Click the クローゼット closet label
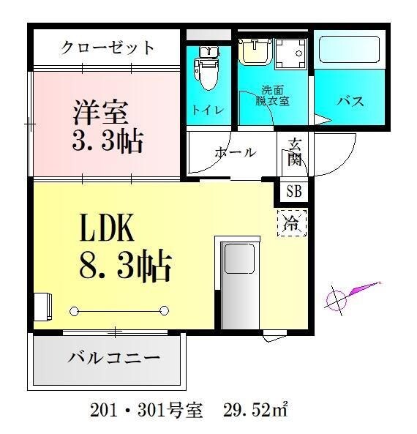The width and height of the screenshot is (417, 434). click(108, 48)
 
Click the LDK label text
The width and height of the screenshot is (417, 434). click(107, 228)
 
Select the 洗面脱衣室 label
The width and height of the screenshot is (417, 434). click(275, 96)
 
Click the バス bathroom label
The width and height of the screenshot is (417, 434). click(350, 101)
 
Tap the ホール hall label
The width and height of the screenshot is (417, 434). click(235, 153)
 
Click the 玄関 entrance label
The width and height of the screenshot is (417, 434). click(294, 152)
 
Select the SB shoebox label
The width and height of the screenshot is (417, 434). click(294, 192)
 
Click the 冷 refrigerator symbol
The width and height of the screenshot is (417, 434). click(291, 222)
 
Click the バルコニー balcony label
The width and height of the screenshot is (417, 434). click(113, 359)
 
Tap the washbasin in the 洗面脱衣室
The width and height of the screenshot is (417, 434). click(256, 51)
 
